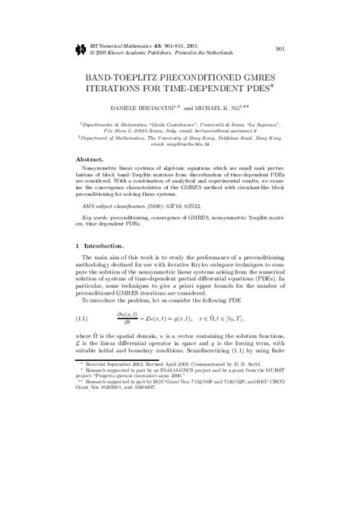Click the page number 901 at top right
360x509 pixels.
tap(279, 50)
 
